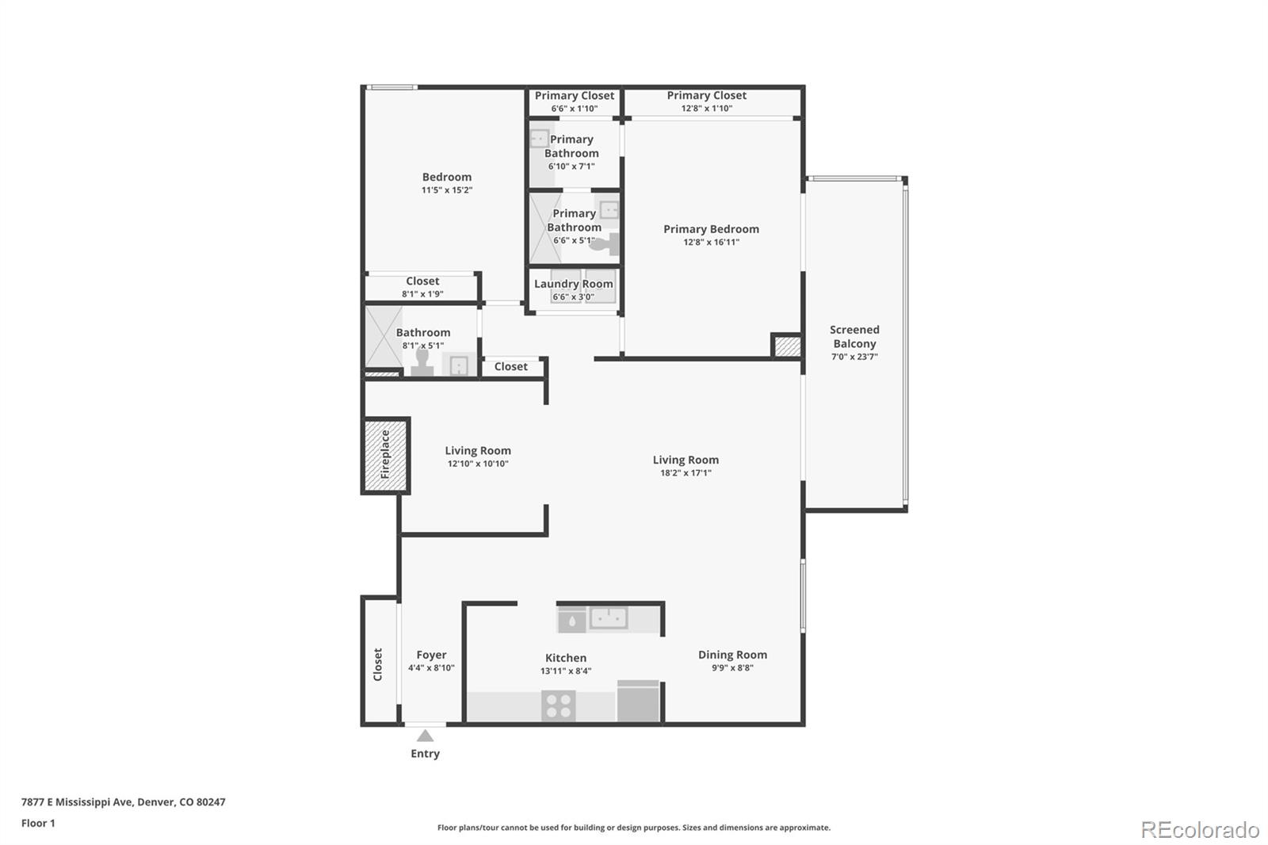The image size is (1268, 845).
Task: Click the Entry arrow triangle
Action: pos(426,736)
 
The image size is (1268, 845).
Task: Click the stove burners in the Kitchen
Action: pos(559,705)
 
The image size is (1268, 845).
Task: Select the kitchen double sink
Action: pos(608,617)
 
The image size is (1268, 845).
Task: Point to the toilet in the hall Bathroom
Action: pos(422,362)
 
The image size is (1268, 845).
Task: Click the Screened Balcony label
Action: pos(854,336)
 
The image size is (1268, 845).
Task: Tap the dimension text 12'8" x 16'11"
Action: pos(711,243)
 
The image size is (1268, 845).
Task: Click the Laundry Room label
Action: pos(573,284)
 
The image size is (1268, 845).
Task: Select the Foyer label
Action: pos(431,655)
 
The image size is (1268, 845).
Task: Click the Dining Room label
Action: pos(732,655)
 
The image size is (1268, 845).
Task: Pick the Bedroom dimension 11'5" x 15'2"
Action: pos(447,190)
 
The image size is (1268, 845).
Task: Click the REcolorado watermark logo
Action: pos(1199,829)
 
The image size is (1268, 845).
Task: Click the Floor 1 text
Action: pos(38,823)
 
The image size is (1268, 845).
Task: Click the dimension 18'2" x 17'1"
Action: pos(686,473)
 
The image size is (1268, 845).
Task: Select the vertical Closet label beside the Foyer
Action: pos(378,664)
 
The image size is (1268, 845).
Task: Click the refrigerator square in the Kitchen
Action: pos(638,702)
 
